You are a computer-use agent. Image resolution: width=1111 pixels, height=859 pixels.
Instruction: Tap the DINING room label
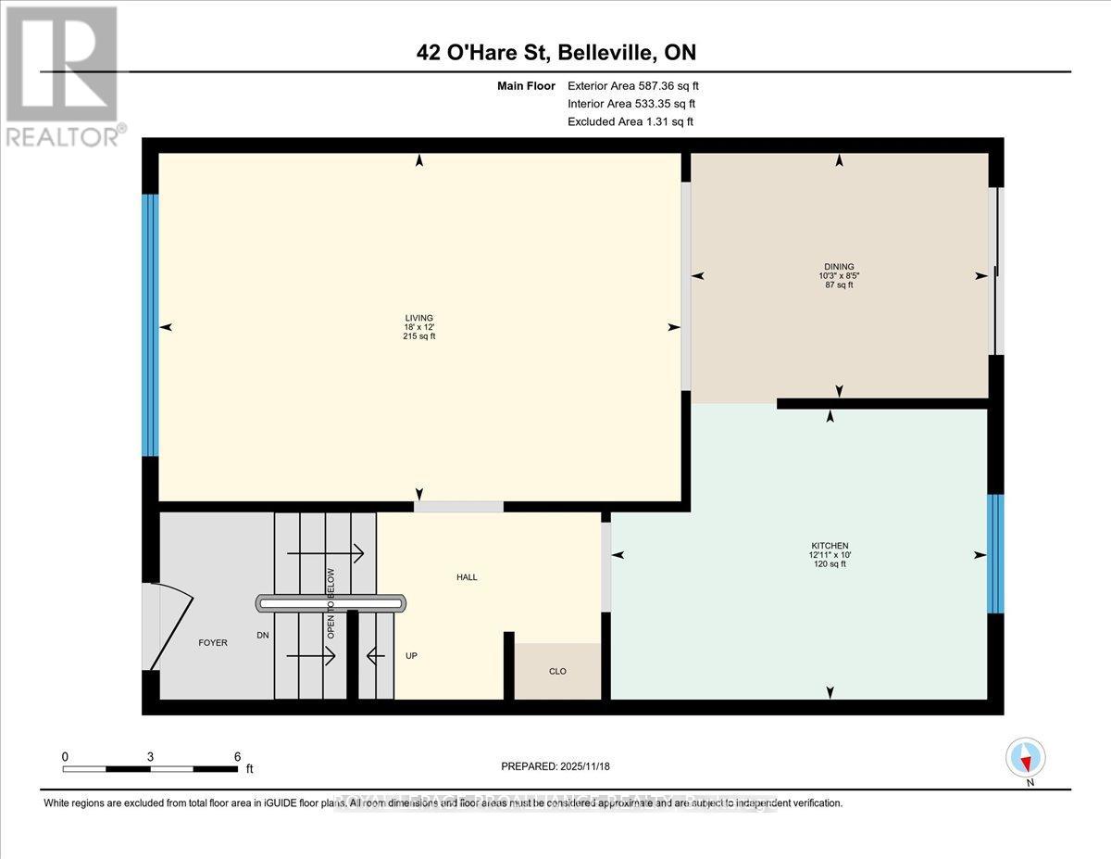pyautogui.click(x=841, y=266)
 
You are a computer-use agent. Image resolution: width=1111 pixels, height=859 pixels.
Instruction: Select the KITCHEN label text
pyautogui.click(x=829, y=546)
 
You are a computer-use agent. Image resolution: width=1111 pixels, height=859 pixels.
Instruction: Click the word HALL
pyautogui.click(x=467, y=577)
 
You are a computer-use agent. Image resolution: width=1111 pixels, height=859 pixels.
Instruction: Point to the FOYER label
pyautogui.click(x=213, y=642)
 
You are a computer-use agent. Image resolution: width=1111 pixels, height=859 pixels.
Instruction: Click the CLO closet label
pyautogui.click(x=557, y=672)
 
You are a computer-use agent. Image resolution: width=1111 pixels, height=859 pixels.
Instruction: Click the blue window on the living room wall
pyautogui.click(x=150, y=325)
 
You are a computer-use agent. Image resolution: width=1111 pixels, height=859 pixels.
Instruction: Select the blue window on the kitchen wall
pyautogui.click(x=995, y=554)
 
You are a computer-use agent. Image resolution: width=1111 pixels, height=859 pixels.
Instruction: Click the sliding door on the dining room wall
pyautogui.click(x=995, y=272)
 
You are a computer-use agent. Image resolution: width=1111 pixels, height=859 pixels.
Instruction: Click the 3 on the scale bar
pyautogui.click(x=150, y=756)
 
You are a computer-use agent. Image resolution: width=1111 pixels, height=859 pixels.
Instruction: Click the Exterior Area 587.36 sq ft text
pyautogui.click(x=639, y=86)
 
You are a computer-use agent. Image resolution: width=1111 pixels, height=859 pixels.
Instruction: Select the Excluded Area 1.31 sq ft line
pyautogui.click(x=630, y=121)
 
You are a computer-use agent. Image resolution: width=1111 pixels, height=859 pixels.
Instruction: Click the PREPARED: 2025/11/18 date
pyautogui.click(x=555, y=766)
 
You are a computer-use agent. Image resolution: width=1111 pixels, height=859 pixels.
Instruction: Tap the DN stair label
pyautogui.click(x=263, y=637)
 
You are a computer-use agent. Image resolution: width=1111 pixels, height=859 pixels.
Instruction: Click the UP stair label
pyautogui.click(x=412, y=656)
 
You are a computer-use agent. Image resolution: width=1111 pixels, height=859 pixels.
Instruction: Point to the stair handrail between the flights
pyautogui.click(x=331, y=603)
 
